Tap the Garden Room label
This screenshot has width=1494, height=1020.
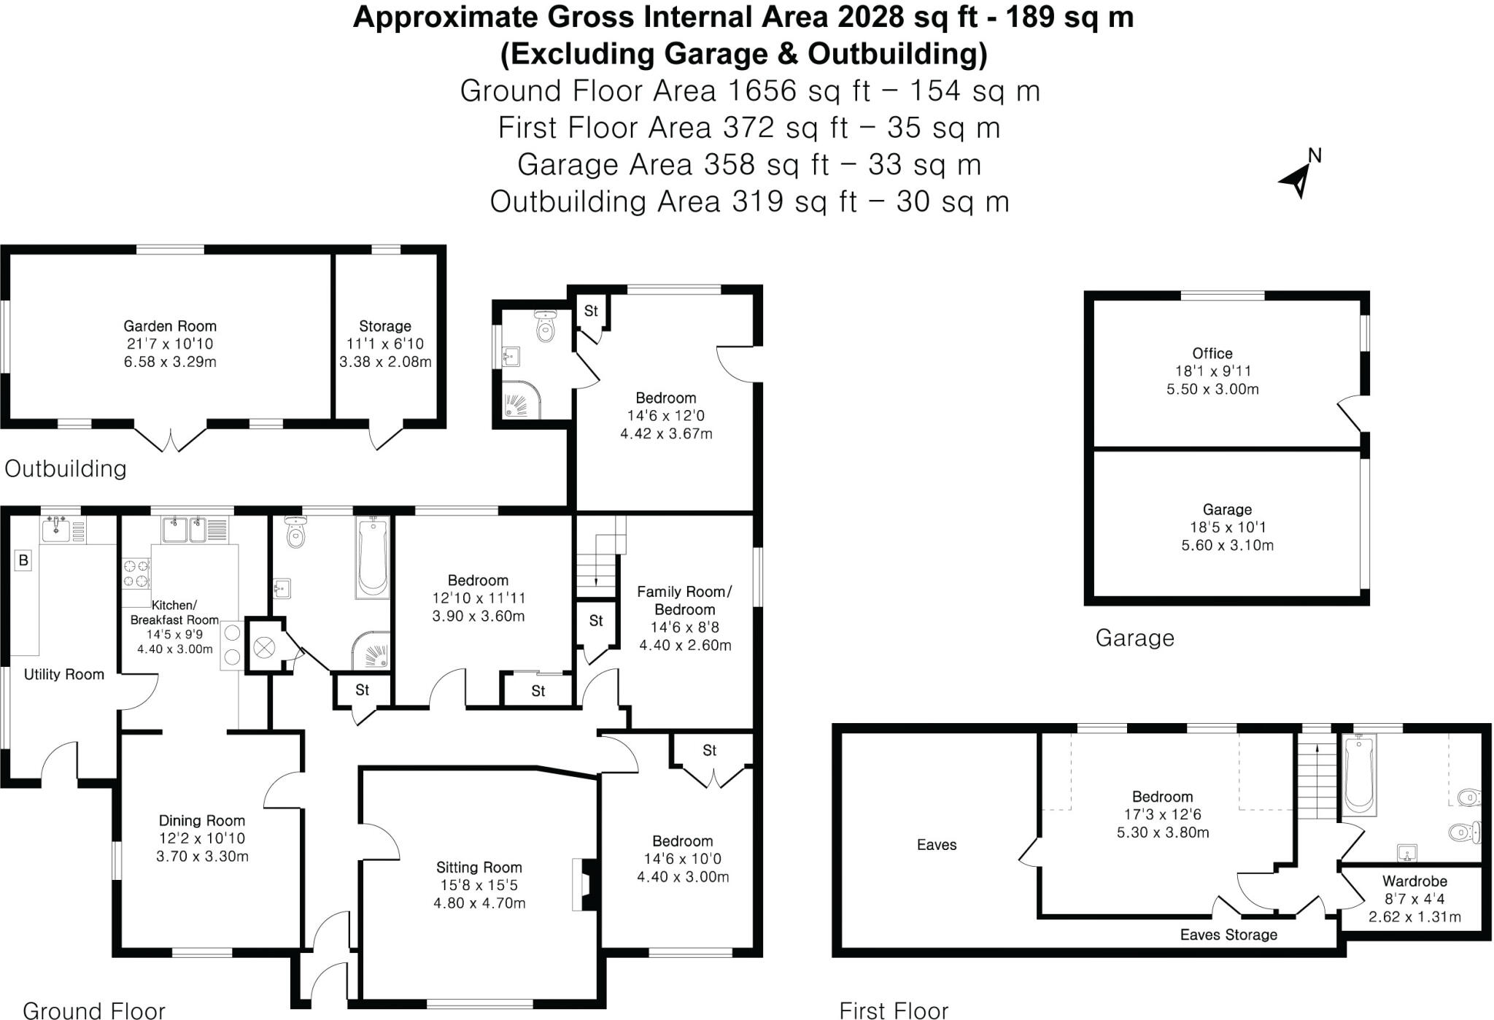(x=169, y=326)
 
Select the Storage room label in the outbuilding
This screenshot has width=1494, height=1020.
(x=384, y=326)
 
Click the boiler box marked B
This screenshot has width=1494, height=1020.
(x=23, y=560)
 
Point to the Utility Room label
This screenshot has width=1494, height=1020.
(x=64, y=674)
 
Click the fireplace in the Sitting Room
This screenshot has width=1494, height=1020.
(x=585, y=884)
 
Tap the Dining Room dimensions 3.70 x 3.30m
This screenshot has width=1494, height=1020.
(x=202, y=857)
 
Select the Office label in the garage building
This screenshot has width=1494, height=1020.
(x=1212, y=353)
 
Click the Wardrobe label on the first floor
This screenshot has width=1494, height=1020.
(x=1414, y=881)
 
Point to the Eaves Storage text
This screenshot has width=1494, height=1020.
(x=1228, y=935)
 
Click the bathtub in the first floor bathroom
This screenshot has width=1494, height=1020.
(x=1358, y=775)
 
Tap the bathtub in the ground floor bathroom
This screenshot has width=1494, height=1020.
(x=373, y=557)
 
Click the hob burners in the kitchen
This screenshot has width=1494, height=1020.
(x=136, y=573)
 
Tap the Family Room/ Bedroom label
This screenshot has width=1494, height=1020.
(x=684, y=600)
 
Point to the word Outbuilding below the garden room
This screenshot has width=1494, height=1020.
(x=66, y=468)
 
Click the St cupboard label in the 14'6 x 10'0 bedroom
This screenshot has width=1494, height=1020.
(x=709, y=751)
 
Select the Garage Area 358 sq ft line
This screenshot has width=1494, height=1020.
(x=748, y=165)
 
